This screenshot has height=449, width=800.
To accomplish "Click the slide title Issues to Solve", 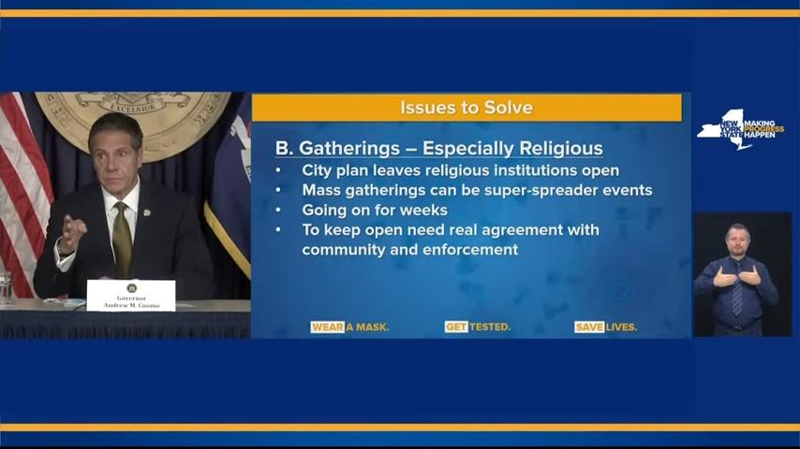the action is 467,108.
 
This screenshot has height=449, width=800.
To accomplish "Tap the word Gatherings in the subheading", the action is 349,149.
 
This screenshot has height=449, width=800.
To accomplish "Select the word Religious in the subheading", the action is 561,149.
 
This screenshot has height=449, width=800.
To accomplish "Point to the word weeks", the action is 423,210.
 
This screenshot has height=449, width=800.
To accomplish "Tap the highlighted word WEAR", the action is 327,327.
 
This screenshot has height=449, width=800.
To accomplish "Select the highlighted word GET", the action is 456,327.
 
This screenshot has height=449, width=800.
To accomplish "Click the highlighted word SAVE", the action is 589,327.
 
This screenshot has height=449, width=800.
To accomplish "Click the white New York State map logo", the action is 724,130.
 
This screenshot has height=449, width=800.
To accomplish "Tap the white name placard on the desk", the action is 131,295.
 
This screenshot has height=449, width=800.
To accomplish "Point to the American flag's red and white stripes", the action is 23,194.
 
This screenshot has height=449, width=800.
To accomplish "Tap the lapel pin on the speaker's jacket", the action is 147,212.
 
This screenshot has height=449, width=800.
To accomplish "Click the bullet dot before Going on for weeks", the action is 278,210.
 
